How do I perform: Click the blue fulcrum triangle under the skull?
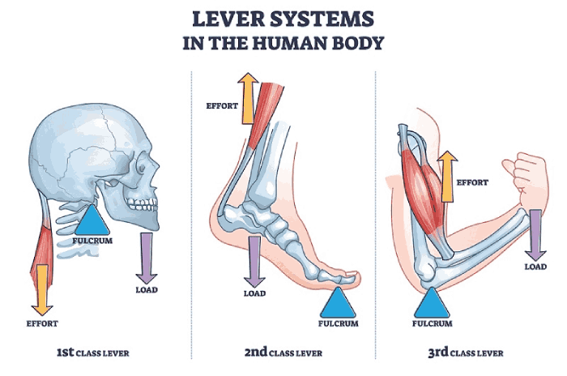click(92, 220)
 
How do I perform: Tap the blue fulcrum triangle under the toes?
click(338, 303)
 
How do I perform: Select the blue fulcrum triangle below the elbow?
click(432, 303)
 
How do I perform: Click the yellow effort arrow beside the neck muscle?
click(42, 290)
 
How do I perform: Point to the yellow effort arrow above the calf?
click(248, 98)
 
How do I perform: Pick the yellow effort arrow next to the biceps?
click(447, 177)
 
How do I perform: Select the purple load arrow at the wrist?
click(535, 235)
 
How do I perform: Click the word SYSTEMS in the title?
click(322, 19)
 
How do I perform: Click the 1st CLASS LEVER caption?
click(92, 352)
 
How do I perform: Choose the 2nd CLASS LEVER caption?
click(283, 352)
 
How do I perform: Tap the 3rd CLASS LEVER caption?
click(466, 352)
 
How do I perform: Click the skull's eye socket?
click(142, 168)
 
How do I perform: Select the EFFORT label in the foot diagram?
click(222, 106)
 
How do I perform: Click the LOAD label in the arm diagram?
click(535, 267)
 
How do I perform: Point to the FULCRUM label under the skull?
click(92, 241)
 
